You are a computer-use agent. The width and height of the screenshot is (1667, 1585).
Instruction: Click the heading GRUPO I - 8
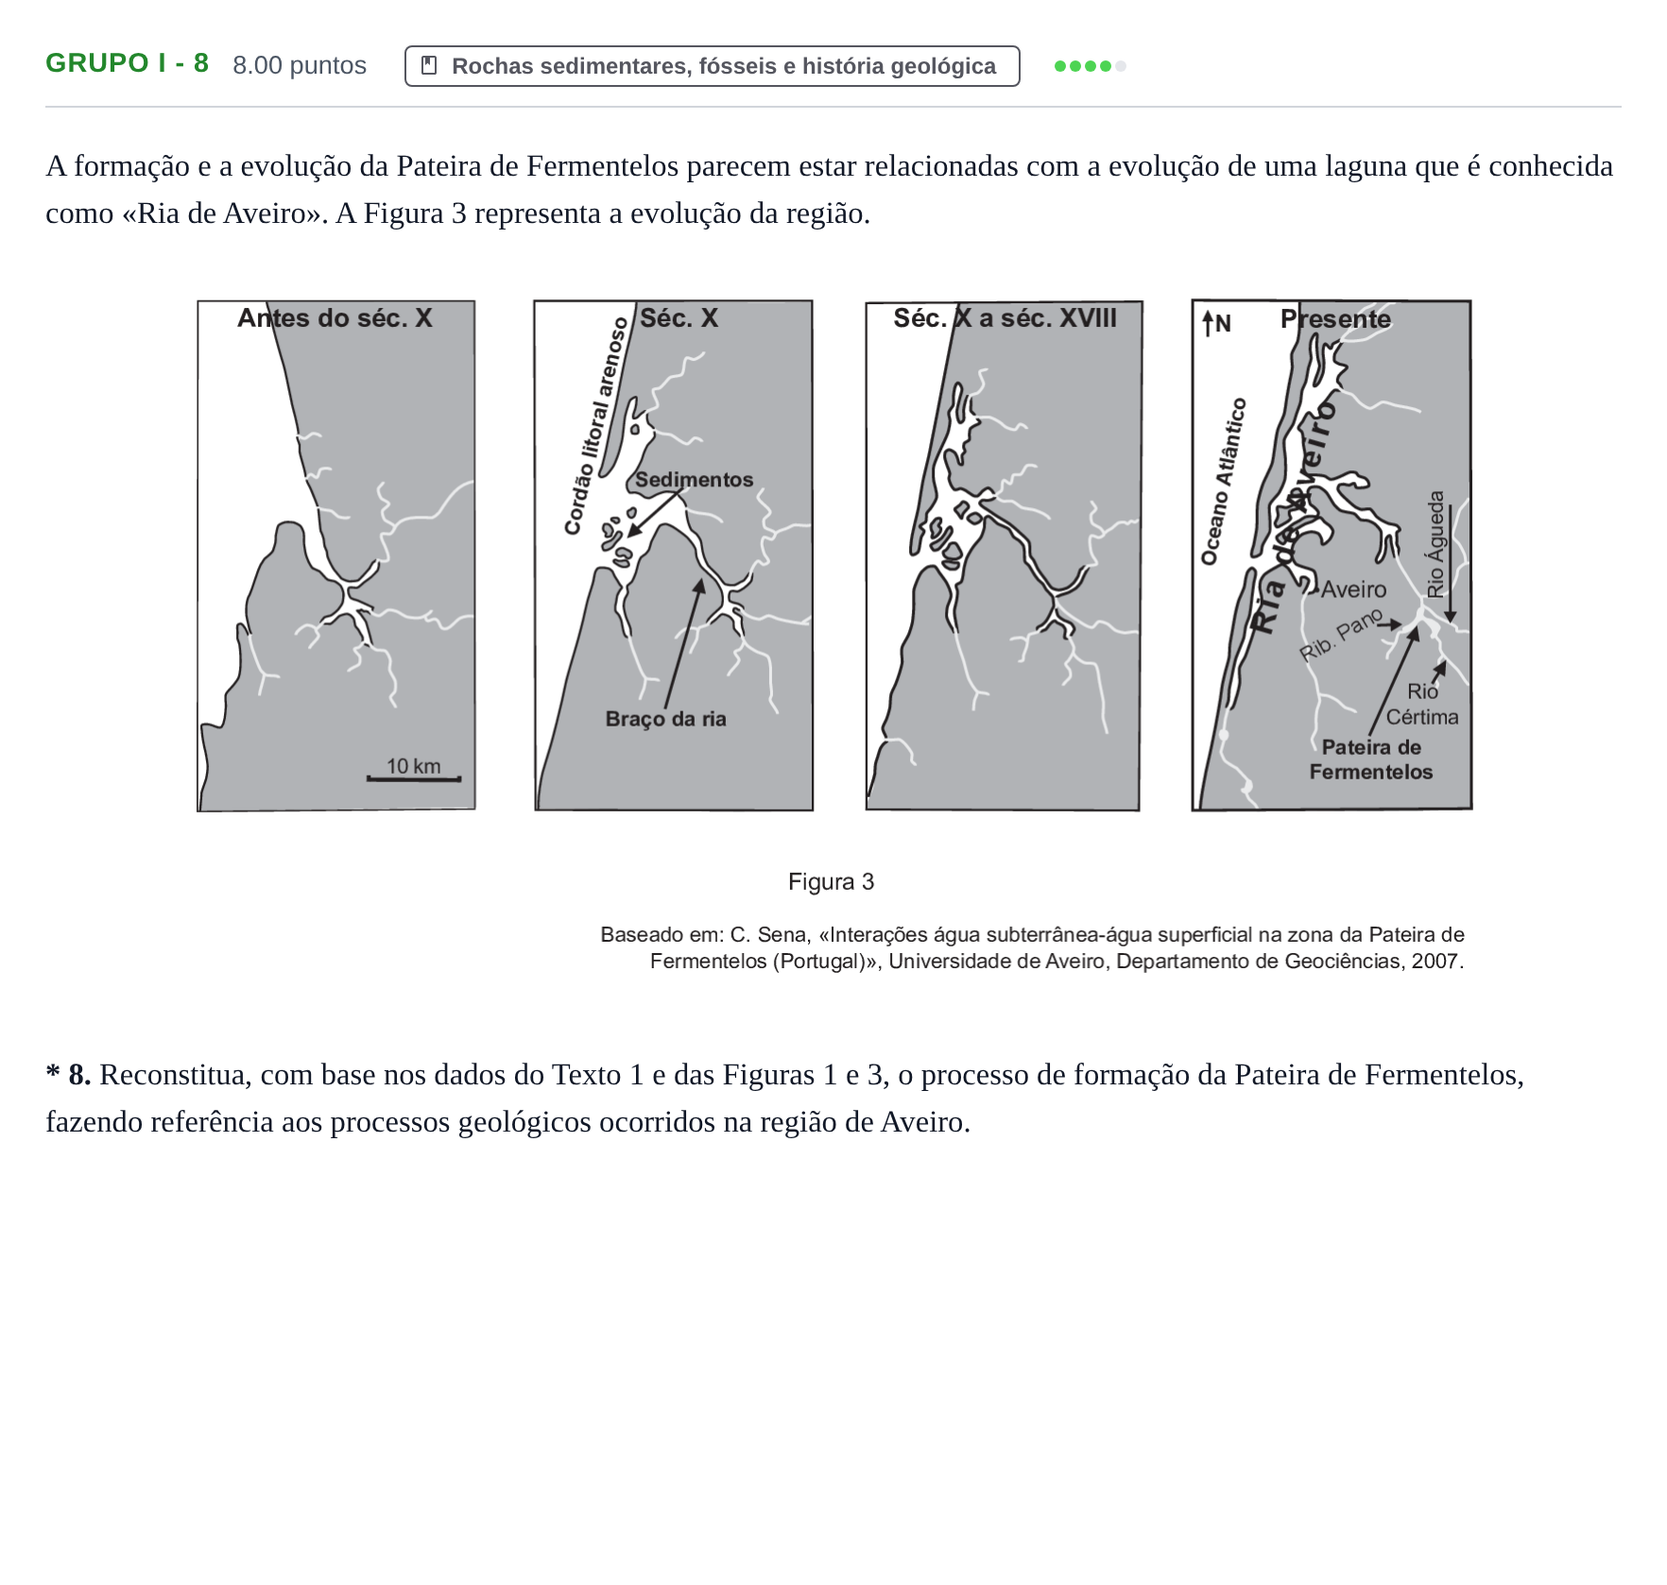[x=128, y=63]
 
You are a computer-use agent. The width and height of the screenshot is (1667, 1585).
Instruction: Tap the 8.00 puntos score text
[x=300, y=65]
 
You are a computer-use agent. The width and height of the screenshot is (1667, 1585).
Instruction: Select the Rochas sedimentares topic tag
[x=712, y=66]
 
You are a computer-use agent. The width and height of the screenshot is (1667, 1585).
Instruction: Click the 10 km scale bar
[x=414, y=778]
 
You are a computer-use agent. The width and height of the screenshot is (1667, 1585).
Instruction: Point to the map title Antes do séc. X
[x=335, y=318]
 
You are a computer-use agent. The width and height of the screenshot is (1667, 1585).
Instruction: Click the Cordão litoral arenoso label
[x=595, y=426]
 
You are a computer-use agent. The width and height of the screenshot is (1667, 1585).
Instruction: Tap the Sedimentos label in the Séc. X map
[x=695, y=480]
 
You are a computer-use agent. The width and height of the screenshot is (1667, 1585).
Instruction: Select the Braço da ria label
[x=666, y=719]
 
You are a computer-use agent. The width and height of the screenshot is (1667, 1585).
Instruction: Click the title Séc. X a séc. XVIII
[x=1005, y=318]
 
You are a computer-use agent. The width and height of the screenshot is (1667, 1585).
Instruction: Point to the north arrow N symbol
[x=1216, y=324]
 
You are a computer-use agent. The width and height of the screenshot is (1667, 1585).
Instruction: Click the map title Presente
[x=1335, y=319]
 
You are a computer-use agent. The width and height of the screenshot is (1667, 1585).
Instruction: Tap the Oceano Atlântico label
[x=1224, y=482]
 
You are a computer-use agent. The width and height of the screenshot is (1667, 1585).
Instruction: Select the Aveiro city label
[x=1353, y=590]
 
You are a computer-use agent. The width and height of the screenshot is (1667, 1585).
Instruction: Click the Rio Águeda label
[x=1436, y=544]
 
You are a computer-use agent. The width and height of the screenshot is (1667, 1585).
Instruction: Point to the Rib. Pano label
[x=1341, y=636]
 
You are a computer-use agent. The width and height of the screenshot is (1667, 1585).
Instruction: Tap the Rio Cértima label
[x=1422, y=705]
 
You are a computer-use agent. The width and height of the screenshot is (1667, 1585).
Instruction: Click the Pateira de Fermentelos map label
[x=1371, y=759]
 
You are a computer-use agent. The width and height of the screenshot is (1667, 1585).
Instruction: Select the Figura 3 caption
[x=832, y=882]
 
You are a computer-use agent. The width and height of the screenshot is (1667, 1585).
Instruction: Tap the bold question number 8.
[x=79, y=1075]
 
